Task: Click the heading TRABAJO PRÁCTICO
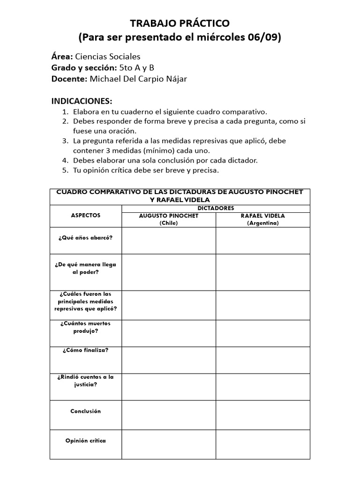coord(180,23)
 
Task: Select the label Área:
coord(62,56)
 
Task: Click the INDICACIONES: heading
coord(82,102)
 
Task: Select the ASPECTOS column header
coord(85,215)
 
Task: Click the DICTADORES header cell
coord(216,208)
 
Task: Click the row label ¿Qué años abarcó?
coord(85,237)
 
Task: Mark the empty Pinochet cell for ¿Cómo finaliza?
coord(169,360)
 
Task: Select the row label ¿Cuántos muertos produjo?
coord(85,327)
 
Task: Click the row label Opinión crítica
coord(85,441)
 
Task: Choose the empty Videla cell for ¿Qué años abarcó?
coord(262,240)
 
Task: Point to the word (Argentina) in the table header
coord(262,223)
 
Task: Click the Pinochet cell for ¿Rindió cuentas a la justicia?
coord(169,387)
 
